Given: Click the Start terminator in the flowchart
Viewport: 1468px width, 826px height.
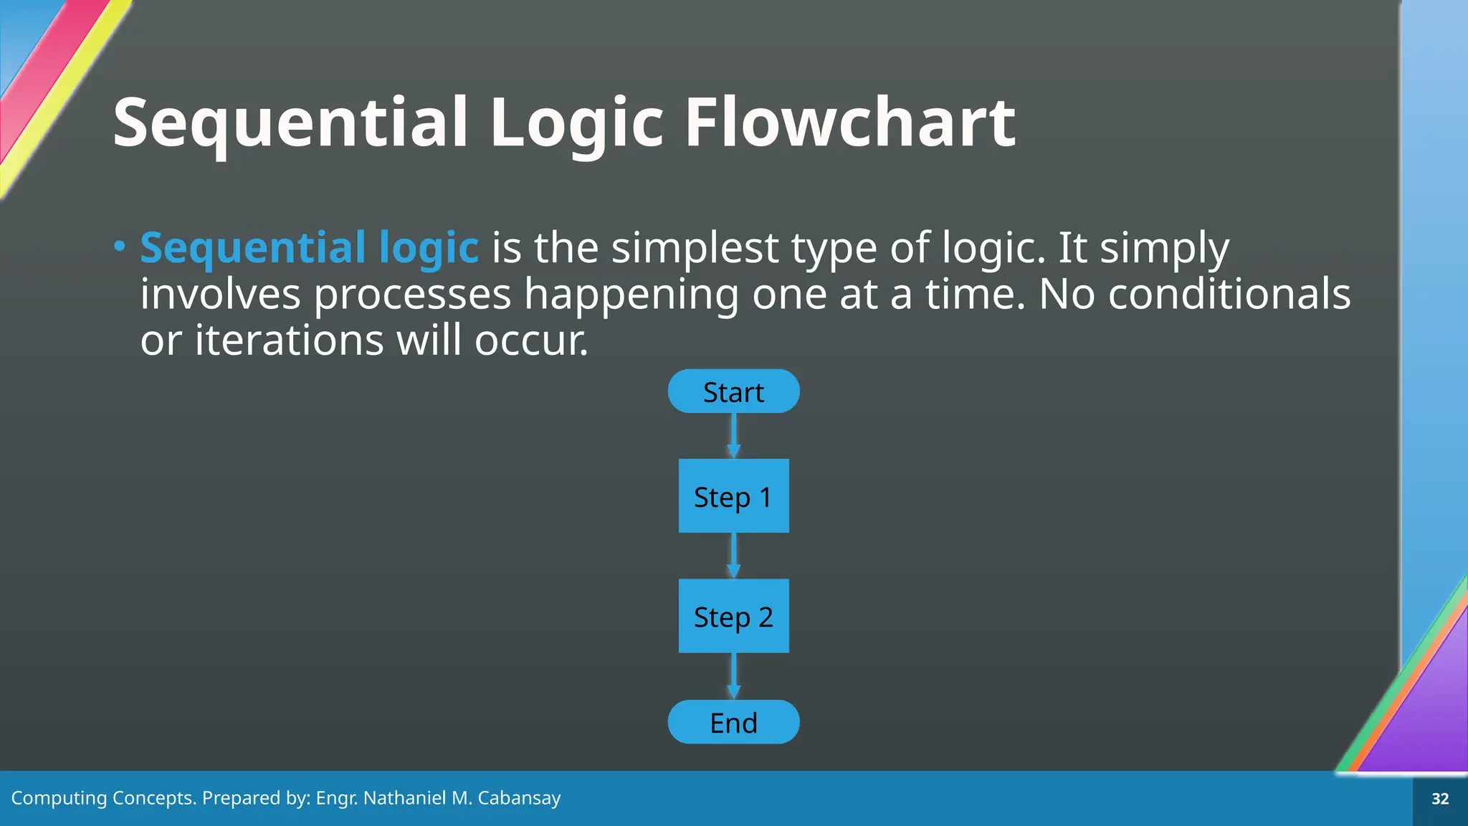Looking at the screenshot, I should pyautogui.click(x=733, y=391).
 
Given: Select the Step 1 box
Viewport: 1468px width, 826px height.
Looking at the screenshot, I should pyautogui.click(x=733, y=496).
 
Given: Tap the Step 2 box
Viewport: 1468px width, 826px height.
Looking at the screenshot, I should pyautogui.click(x=733, y=616).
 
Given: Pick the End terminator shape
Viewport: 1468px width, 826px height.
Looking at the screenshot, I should pyautogui.click(x=733, y=722).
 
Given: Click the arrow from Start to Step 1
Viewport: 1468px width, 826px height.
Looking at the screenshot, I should pyautogui.click(x=733, y=435).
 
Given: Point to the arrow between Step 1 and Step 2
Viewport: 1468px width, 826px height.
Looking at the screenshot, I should pyautogui.click(x=733, y=554).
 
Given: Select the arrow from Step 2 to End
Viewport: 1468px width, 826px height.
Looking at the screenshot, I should pyautogui.click(x=733, y=675).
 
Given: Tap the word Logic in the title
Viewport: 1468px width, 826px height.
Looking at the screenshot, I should pyautogui.click(x=577, y=123).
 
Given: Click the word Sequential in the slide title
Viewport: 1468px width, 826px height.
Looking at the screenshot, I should pyautogui.click(x=290, y=123).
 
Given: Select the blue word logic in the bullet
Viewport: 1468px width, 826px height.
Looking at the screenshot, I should pyautogui.click(x=428, y=248).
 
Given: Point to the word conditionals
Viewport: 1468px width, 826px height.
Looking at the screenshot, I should pyautogui.click(x=1229, y=294).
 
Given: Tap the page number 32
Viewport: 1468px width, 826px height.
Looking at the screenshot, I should pyautogui.click(x=1439, y=799).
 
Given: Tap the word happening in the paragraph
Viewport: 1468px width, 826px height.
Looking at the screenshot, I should pyautogui.click(x=631, y=294).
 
